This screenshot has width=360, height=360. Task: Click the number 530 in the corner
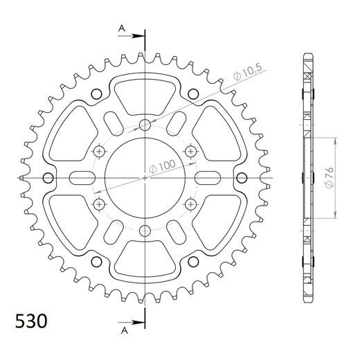(x=30, y=322)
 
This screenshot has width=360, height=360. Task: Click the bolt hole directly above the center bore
(x=145, y=125)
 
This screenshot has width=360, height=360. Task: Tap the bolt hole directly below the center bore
(x=145, y=231)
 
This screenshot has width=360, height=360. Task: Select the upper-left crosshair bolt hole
(x=99, y=152)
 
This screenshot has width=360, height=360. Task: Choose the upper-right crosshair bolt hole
(x=190, y=152)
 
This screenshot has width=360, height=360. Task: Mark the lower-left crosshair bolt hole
(x=99, y=204)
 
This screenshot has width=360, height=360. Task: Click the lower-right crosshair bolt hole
(x=190, y=204)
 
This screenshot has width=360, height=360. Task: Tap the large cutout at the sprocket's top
(x=145, y=93)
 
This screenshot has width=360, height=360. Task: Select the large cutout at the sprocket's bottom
(x=145, y=263)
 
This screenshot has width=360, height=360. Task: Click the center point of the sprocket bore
(x=145, y=178)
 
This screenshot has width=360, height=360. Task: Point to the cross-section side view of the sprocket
(x=307, y=178)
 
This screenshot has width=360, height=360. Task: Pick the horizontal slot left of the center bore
(x=78, y=178)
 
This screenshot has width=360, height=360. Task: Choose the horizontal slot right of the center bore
(x=211, y=178)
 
